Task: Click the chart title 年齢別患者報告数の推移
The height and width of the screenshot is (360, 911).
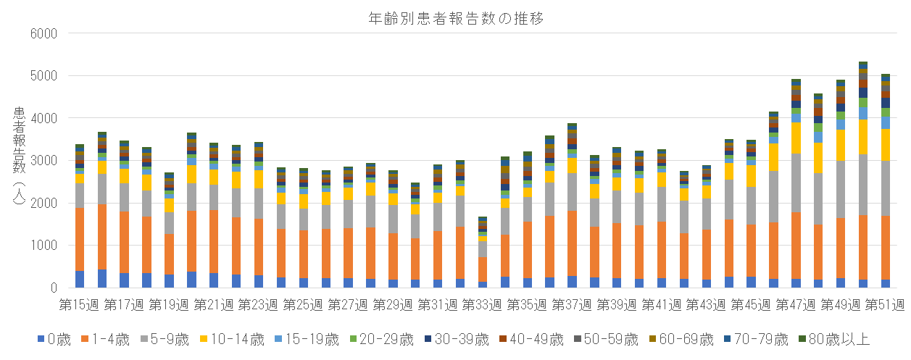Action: pos(455,19)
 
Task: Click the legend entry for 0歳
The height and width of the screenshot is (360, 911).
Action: pos(54,338)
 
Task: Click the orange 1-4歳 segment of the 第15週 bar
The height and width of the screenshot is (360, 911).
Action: pos(80,239)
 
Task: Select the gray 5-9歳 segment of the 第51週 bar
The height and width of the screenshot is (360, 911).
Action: pos(885,188)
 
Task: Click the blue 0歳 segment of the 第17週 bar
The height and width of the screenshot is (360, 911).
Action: pos(124,280)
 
